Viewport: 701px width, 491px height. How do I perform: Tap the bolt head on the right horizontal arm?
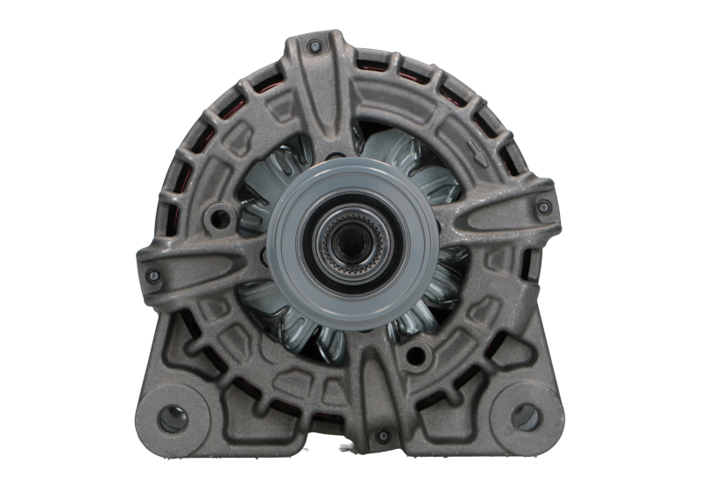pyautogui.click(x=543, y=207)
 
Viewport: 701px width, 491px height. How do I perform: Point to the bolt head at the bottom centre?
pyautogui.click(x=381, y=436)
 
